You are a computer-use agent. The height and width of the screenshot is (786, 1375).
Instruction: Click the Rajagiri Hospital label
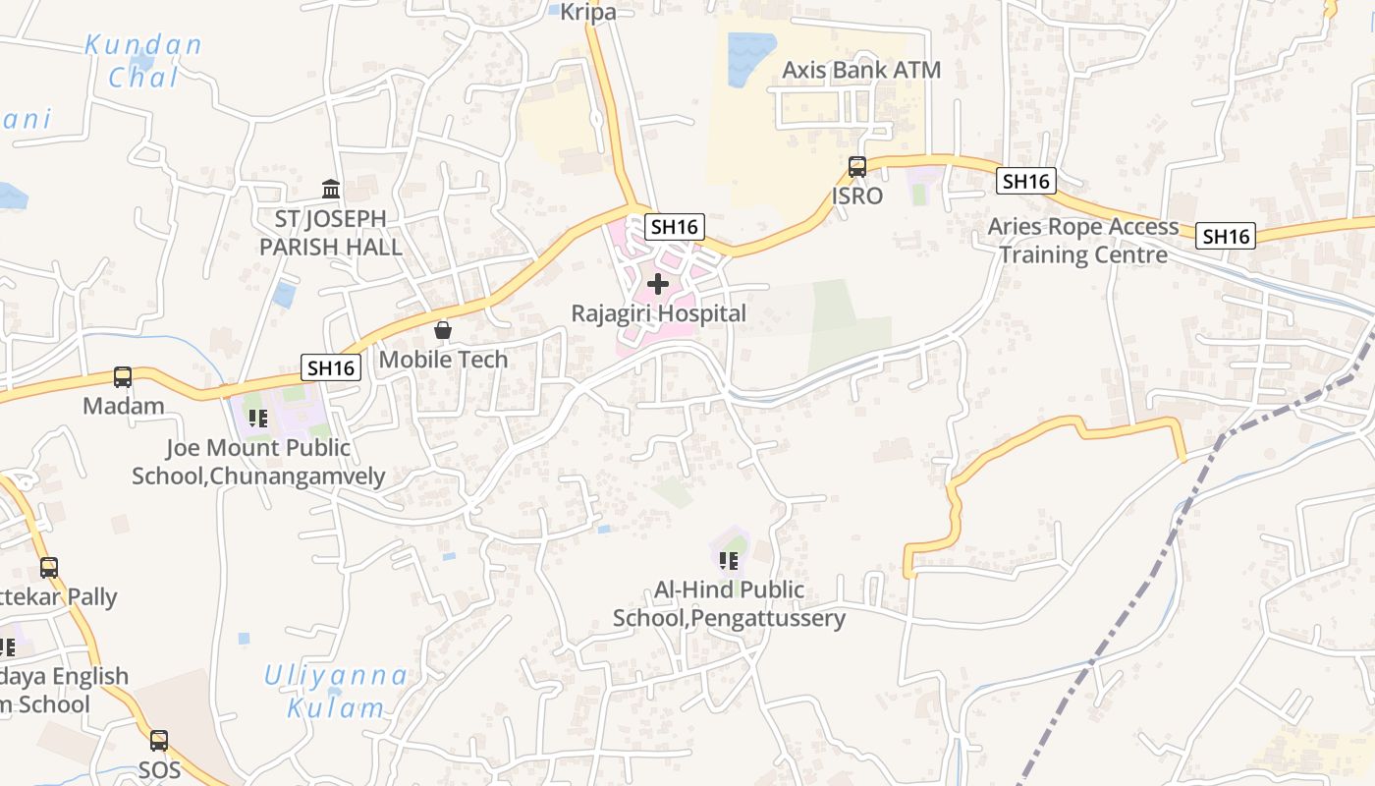click(658, 313)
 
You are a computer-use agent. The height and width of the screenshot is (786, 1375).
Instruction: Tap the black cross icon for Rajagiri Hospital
click(658, 285)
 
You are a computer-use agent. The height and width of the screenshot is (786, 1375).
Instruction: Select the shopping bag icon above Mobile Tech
click(443, 331)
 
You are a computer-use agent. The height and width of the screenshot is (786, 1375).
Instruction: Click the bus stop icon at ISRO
click(857, 167)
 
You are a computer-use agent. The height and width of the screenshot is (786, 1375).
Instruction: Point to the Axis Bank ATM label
click(860, 70)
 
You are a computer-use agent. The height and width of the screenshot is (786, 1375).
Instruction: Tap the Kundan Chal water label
click(143, 61)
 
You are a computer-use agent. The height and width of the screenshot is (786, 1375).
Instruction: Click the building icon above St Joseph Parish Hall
click(331, 189)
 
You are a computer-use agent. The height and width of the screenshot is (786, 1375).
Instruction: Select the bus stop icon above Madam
click(123, 377)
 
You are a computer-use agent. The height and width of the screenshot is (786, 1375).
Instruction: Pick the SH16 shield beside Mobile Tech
click(331, 367)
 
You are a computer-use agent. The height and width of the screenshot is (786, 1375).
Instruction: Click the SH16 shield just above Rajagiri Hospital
click(675, 227)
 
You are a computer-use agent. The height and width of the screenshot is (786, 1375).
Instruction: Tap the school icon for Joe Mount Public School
click(258, 420)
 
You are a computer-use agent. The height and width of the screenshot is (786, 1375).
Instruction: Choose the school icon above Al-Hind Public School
click(729, 561)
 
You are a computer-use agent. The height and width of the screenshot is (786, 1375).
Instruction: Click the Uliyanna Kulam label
click(336, 691)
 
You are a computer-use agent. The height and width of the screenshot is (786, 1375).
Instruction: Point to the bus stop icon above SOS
click(159, 740)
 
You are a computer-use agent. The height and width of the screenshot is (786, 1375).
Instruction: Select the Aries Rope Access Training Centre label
click(1082, 241)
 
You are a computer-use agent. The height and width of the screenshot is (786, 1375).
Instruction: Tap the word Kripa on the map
click(588, 12)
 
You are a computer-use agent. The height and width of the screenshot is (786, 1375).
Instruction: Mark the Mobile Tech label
click(443, 360)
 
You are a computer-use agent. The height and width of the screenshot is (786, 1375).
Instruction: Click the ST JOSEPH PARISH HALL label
click(331, 233)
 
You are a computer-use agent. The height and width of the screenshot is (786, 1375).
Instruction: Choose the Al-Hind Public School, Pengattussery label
click(729, 604)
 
